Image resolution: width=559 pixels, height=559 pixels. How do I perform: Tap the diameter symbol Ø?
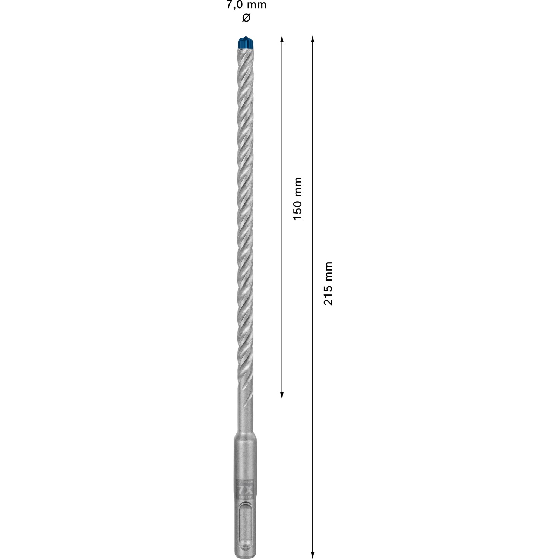click(246, 18)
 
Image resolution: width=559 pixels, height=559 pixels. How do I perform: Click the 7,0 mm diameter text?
click(246, 5)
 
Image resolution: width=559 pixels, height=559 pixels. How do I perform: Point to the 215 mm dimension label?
click(328, 284)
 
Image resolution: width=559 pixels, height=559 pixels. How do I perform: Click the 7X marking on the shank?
click(245, 490)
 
